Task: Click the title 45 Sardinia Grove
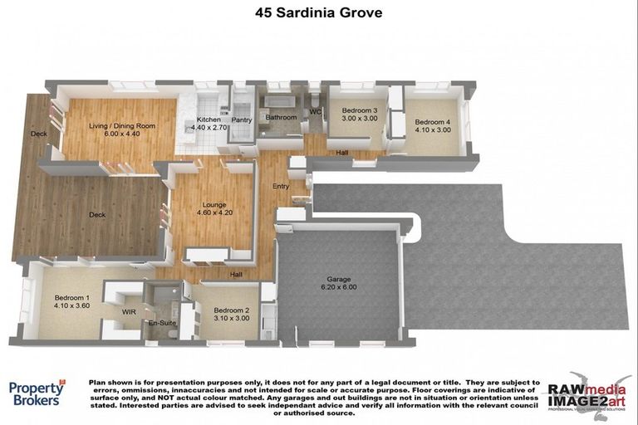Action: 319,13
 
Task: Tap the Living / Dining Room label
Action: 122,126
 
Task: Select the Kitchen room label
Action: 208,120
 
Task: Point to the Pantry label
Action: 242,120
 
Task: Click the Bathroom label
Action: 281,118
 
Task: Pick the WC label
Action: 315,111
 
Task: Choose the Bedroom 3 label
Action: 360,111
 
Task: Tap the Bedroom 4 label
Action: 432,121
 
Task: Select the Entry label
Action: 281,186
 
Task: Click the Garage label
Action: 336,281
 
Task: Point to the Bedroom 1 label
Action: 71,297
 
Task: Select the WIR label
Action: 129,311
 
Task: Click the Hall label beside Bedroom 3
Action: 341,153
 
